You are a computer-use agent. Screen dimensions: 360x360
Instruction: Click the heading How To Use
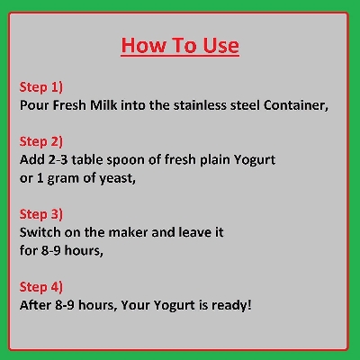click(180, 45)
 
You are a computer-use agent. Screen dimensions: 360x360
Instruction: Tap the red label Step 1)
click(41, 87)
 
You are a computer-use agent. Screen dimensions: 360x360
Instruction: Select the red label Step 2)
click(41, 141)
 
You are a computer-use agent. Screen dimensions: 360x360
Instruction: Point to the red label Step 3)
click(41, 214)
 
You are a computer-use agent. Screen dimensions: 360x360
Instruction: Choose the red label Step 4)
click(41, 287)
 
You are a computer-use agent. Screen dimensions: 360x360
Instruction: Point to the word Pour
click(35, 105)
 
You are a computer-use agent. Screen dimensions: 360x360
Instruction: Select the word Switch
click(41, 232)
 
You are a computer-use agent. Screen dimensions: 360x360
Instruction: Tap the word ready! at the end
click(232, 305)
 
